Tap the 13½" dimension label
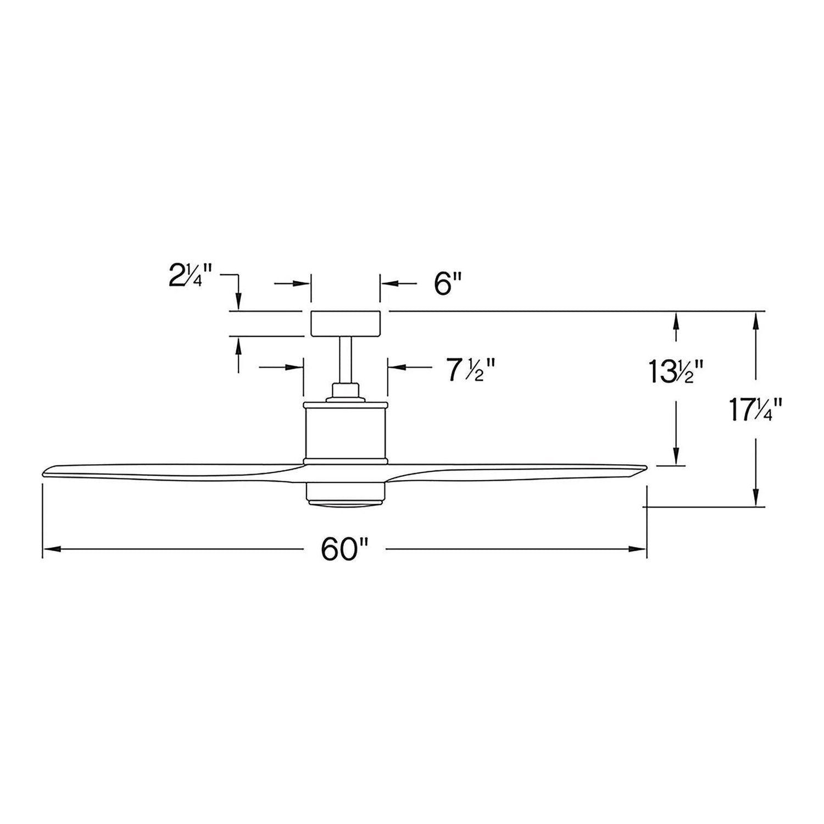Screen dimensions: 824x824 click(675, 371)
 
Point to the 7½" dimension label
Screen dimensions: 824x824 click(466, 371)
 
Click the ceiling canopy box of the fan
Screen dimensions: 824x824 click(346, 324)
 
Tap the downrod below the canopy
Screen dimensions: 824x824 click(346, 359)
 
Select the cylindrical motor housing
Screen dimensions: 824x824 click(346, 431)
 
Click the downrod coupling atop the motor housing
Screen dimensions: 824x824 click(346, 391)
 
